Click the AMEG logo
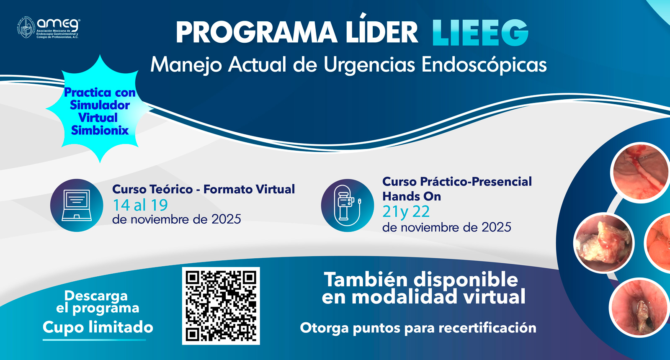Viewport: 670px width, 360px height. click(48, 28)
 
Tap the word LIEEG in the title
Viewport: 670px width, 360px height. click(480, 33)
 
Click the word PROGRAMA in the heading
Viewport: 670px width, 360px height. click(256, 33)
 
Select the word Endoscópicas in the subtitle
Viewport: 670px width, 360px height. click(484, 65)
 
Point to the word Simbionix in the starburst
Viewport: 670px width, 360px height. click(100, 131)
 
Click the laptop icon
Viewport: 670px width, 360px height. click(77, 205)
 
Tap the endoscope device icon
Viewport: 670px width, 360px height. click(347, 206)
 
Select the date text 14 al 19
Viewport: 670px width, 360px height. click(140, 205)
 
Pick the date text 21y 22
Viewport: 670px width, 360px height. click(406, 212)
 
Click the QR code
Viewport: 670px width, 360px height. click(221, 306)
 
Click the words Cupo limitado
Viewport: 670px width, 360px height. click(98, 327)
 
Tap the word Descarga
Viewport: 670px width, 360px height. click(96, 296)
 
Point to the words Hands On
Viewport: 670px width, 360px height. click(412, 196)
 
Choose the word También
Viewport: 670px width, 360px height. click(366, 280)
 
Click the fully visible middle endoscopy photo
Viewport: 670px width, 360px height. click(603, 243)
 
